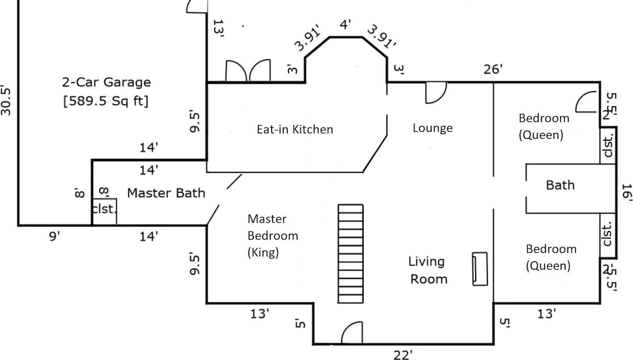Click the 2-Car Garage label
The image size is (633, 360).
tap(106, 82)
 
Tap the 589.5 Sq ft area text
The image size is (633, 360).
tap(106, 101)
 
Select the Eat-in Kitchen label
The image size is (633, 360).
tap(295, 130)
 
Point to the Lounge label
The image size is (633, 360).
tap(432, 128)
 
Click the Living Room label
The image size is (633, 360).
tap(428, 270)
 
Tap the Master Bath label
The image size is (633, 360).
tap(166, 193)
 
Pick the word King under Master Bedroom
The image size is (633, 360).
tap(263, 252)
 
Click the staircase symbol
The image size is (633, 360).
tap(350, 254)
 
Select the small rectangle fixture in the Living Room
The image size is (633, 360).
tap(480, 269)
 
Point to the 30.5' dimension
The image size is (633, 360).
tap(6, 99)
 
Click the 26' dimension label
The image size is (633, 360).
tap(493, 69)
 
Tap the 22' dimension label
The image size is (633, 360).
tap(402, 355)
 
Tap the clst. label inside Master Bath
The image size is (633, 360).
tap(105, 209)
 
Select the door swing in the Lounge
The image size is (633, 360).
tap(436, 92)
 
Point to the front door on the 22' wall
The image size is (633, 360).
tap(352, 333)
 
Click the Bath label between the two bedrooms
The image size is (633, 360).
tap(560, 185)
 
